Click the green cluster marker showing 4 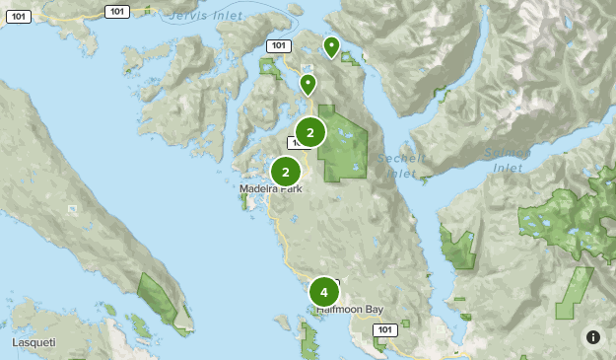click(x=323, y=293)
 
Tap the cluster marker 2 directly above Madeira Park click(x=286, y=172)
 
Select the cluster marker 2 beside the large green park click(x=310, y=132)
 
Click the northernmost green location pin click(x=331, y=45)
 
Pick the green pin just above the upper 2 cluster click(x=308, y=84)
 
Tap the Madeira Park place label click(x=270, y=188)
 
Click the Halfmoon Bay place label click(x=349, y=309)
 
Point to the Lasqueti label click(x=34, y=342)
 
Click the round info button click(x=593, y=337)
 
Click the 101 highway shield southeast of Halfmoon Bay click(x=385, y=329)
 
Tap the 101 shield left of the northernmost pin click(x=278, y=45)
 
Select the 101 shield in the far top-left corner click(x=17, y=16)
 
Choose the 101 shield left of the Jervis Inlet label click(x=117, y=11)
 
